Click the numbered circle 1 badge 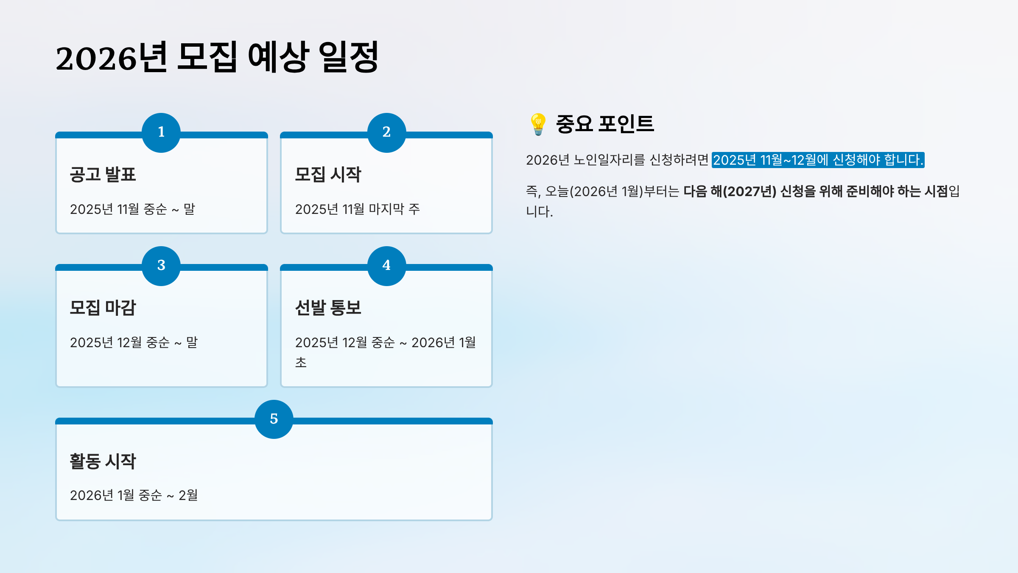pos(161,132)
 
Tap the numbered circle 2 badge pos(386,132)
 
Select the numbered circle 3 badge pos(161,266)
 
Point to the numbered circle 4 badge pos(386,266)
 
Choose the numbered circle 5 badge pos(274,419)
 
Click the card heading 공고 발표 pos(103,174)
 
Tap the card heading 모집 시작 pos(328,174)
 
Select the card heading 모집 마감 pos(103,308)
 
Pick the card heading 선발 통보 pos(328,308)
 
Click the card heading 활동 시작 pos(103,461)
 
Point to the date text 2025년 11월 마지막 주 pos(357,209)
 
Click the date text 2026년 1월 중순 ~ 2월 pos(134,495)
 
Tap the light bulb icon pos(538,124)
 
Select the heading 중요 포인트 pos(605,124)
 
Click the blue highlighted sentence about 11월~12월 pos(818,160)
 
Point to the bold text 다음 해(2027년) pos(730,191)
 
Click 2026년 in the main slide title pos(112,58)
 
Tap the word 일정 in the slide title pos(348,57)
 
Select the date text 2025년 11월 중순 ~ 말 pos(132,209)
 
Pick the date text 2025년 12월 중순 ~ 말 pos(134,343)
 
